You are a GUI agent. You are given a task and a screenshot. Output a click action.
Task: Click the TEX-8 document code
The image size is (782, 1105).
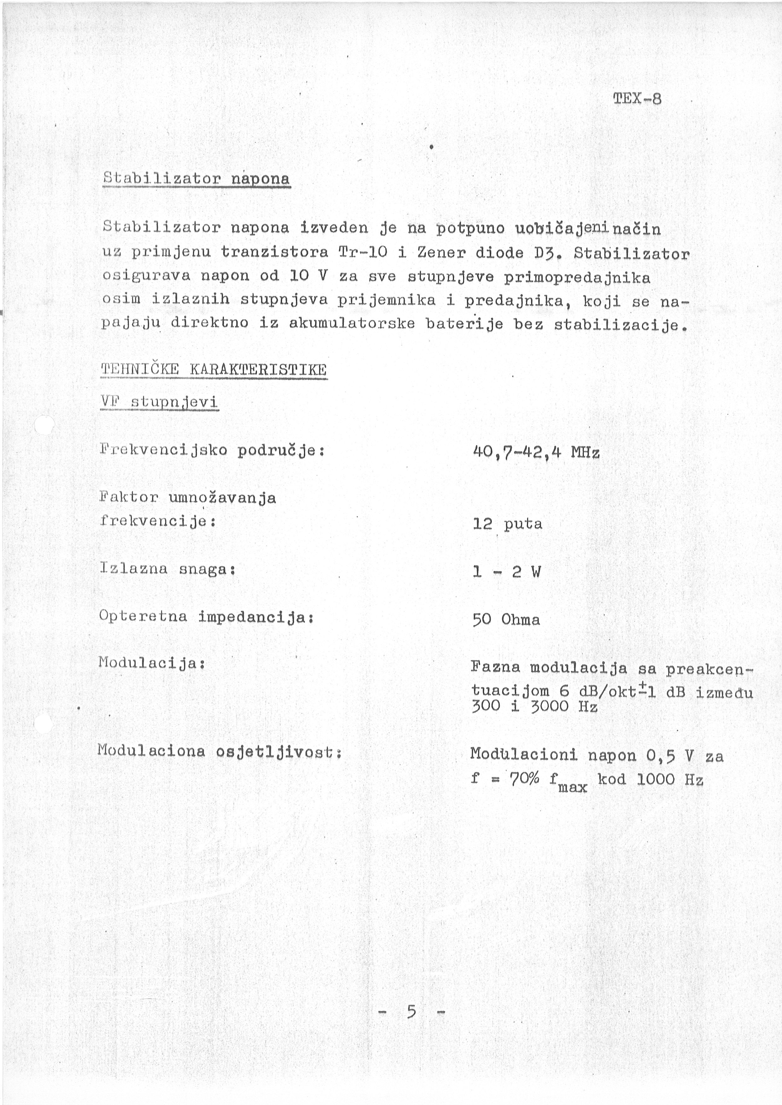click(x=637, y=99)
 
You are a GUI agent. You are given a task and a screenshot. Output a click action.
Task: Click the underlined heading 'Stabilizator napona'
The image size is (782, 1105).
click(x=196, y=179)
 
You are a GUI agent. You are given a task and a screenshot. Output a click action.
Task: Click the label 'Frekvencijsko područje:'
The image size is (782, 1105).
click(x=212, y=451)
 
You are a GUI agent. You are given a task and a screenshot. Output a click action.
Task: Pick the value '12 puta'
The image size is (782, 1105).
click(x=507, y=524)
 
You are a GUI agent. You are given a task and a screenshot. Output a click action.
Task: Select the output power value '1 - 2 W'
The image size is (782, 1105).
click(x=507, y=572)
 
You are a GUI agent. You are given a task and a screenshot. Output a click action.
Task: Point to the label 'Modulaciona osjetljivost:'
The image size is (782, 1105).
click(x=219, y=751)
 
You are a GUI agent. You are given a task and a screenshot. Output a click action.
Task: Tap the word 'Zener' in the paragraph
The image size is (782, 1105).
click(x=436, y=252)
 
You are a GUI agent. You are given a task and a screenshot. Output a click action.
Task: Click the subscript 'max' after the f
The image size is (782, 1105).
click(x=573, y=788)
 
